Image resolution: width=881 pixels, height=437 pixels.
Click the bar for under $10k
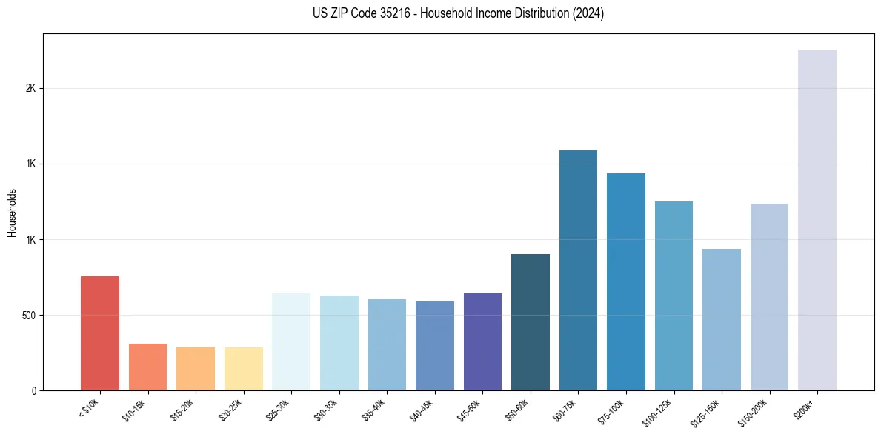pyautogui.click(x=100, y=333)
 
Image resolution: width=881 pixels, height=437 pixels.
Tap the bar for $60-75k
pyautogui.click(x=578, y=270)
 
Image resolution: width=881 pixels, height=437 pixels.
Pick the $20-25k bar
pyautogui.click(x=244, y=369)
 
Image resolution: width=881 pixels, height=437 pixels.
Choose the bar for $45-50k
pyautogui.click(x=482, y=341)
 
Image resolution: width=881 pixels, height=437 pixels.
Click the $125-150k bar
pyautogui.click(x=722, y=319)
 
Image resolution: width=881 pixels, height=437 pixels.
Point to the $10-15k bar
pyautogui.click(x=148, y=367)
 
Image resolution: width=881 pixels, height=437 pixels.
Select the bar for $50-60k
pyautogui.click(x=531, y=322)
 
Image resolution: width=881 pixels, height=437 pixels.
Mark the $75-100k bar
pyautogui.click(x=626, y=281)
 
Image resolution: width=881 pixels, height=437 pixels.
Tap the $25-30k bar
pyautogui.click(x=291, y=341)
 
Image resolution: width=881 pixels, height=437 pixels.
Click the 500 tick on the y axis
pyautogui.click(x=30, y=316)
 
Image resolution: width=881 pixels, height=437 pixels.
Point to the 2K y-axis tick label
pyautogui.click(x=31, y=88)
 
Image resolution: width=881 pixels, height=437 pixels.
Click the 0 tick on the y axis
pyautogui.click(x=34, y=391)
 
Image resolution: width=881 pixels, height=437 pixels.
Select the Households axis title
pyautogui.click(x=12, y=213)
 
